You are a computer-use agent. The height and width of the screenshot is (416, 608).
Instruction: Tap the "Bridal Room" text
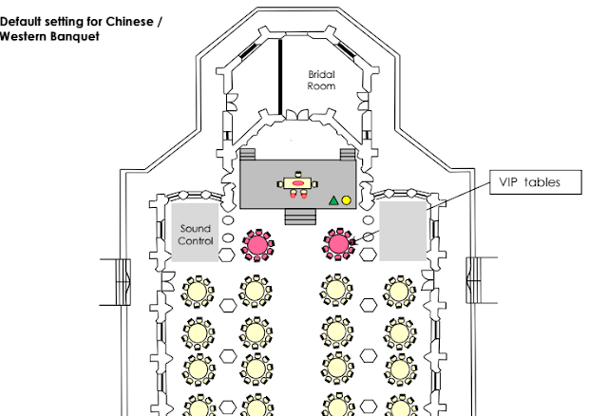(x=322, y=80)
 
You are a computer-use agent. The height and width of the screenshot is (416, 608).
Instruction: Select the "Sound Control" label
(x=196, y=235)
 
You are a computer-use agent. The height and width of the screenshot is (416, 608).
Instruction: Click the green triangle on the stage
(x=332, y=200)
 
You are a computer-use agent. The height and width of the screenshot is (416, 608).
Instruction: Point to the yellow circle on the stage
(x=347, y=200)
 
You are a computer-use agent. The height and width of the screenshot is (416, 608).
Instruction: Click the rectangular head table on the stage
(x=297, y=181)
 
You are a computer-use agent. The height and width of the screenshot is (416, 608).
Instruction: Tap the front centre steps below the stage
(x=298, y=217)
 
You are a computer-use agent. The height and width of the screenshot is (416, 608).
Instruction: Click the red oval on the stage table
(x=297, y=180)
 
